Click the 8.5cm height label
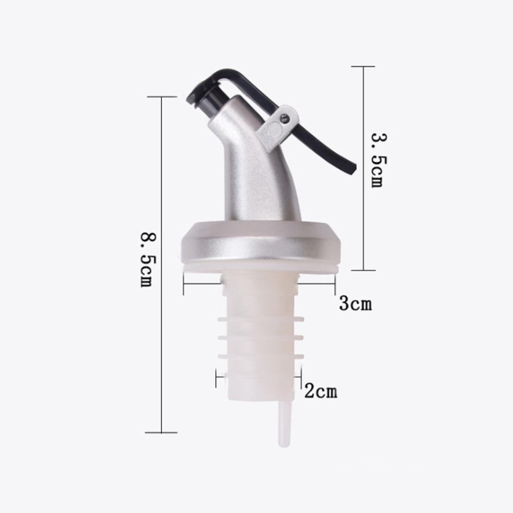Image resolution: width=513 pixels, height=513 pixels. [x=146, y=260]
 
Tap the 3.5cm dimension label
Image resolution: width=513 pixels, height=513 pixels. [x=377, y=160]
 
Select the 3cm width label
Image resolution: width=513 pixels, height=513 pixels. [x=355, y=304]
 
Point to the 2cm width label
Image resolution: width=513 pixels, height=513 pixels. [x=321, y=391]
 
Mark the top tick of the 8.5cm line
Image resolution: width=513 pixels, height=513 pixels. [x=161, y=97]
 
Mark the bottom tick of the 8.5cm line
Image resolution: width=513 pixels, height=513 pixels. [x=161, y=432]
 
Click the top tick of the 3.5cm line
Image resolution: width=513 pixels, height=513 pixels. [x=363, y=66]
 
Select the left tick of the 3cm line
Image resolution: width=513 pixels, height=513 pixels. [x=184, y=285]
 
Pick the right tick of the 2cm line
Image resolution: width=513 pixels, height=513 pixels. [x=301, y=378]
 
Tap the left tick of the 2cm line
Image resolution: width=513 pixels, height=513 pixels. [x=216, y=378]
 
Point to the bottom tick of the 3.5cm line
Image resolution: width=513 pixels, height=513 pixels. [x=363, y=270]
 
